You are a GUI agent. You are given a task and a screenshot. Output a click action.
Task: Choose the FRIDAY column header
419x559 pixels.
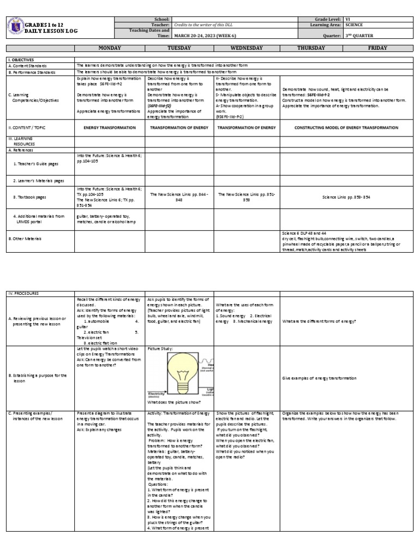pos(378,48)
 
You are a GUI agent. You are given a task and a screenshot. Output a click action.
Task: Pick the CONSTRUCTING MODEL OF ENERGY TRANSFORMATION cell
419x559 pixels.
pos(345,127)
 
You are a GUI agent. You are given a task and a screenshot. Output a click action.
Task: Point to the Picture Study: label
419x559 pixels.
pos(158,348)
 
